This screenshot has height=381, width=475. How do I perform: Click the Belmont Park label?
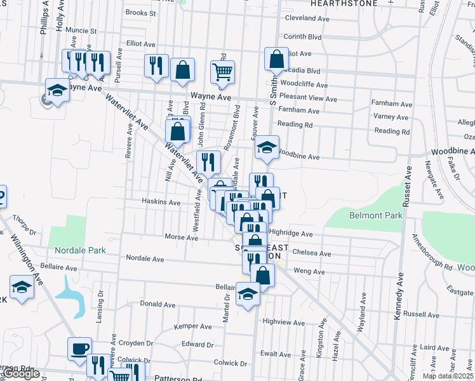[x=376, y=215]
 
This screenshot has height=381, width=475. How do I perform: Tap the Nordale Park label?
[x=80, y=250]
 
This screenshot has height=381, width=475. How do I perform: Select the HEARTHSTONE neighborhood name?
[x=325, y=4]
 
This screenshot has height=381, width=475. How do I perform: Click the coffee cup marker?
[x=81, y=349]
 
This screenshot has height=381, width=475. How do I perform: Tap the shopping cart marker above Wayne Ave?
[x=223, y=73]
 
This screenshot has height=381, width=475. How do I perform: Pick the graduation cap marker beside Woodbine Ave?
[x=267, y=147]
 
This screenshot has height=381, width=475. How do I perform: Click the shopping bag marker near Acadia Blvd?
[x=276, y=60]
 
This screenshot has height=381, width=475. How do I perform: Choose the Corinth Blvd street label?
[x=307, y=37]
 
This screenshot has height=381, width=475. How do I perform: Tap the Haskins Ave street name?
[x=161, y=203]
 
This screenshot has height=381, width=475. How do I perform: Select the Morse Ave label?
[x=182, y=237]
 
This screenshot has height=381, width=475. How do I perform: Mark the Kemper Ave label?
[x=193, y=326]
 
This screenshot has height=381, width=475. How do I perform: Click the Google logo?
[x=21, y=373]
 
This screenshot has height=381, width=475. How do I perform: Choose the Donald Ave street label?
[x=157, y=304]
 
